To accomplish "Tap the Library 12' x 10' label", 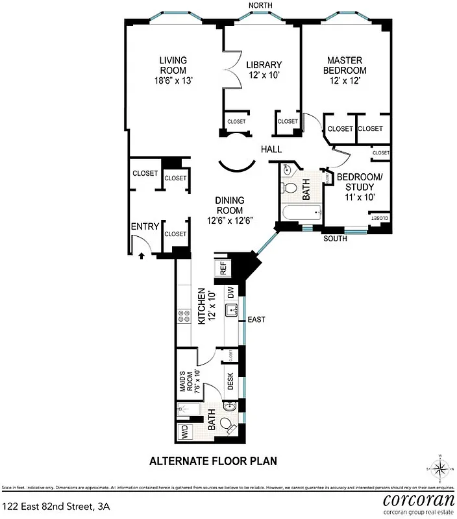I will tap(264, 69).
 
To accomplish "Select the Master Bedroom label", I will tap(347, 70).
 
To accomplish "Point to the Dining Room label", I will tap(230, 211).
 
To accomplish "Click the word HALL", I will tap(271, 150).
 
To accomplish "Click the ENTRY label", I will tap(145, 226).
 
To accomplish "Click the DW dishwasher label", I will tap(230, 293).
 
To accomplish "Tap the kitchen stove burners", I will tap(183, 317).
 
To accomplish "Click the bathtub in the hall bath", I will tap(303, 212).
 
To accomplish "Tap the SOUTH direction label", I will tap(336, 239).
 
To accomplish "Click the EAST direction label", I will tap(256, 319).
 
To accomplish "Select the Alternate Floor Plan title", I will tap(214, 461).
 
